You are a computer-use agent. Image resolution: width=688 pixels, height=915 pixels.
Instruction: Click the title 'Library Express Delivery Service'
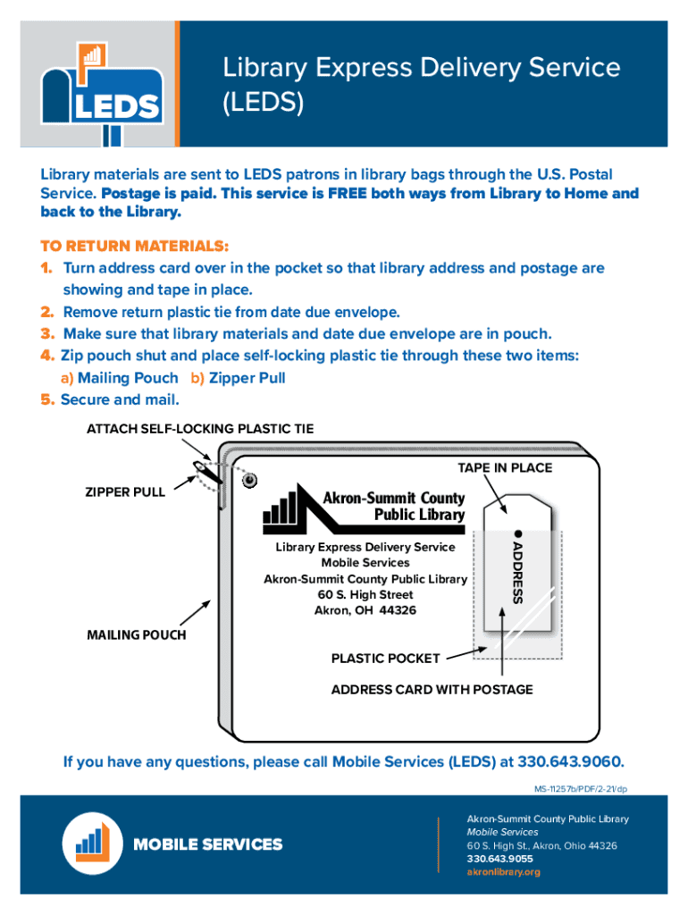pos(421,67)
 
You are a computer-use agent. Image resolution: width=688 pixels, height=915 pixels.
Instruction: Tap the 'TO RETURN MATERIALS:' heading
pos(134,246)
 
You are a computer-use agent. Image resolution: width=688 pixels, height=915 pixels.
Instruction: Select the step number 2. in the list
pos(47,312)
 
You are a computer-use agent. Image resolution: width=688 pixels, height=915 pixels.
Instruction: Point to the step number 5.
pos(47,399)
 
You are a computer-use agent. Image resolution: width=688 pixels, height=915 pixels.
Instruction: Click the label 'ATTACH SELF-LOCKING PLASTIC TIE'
pos(200,429)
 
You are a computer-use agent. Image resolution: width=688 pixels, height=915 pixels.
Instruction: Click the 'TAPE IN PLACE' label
pos(505,468)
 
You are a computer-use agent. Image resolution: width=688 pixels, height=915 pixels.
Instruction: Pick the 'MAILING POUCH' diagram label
pos(137,634)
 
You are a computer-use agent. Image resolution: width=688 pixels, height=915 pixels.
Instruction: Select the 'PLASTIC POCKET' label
pos(385,659)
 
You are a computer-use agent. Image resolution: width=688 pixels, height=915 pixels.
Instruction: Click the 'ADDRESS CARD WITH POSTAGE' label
pos(432,689)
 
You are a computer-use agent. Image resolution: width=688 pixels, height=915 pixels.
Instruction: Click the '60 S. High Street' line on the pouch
pos(365,594)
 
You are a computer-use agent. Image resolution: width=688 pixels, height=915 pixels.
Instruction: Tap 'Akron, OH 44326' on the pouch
pos(365,610)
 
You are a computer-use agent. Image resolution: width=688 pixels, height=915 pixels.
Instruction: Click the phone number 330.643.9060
pos(570,762)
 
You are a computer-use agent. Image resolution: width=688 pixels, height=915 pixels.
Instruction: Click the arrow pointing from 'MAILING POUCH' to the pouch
pos(196,614)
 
